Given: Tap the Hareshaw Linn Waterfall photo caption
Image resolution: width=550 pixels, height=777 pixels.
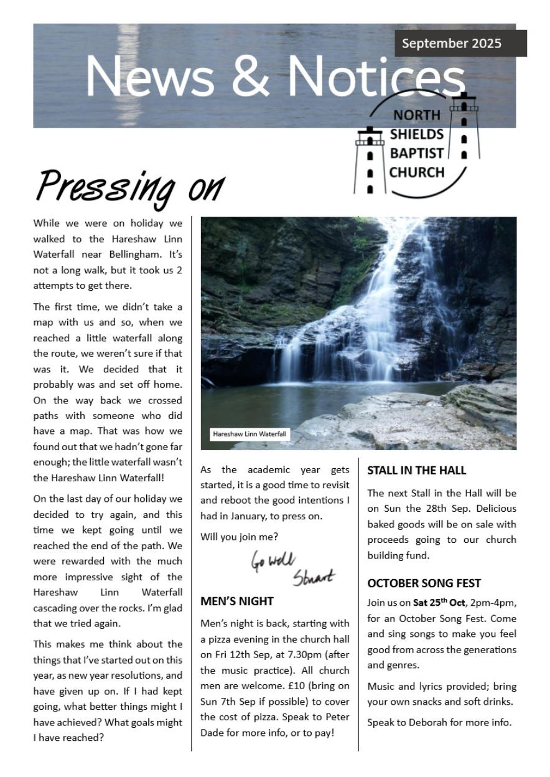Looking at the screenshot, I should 249,434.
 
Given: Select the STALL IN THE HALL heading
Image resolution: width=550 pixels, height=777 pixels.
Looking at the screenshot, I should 416,471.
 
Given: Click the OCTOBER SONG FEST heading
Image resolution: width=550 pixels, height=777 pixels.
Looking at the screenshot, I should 424,583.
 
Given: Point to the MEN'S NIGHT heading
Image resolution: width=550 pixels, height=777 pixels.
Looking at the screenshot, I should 237,601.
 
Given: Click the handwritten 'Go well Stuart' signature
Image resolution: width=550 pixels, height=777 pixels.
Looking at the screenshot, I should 292,567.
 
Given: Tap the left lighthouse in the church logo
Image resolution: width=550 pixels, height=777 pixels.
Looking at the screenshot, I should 370,161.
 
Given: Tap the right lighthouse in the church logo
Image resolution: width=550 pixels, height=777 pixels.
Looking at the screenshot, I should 464,128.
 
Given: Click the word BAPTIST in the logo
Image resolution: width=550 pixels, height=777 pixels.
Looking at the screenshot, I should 417,153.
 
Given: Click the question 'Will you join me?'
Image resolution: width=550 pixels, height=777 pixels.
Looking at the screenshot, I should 239,537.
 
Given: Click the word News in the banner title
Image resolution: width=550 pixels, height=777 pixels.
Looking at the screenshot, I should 150,77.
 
